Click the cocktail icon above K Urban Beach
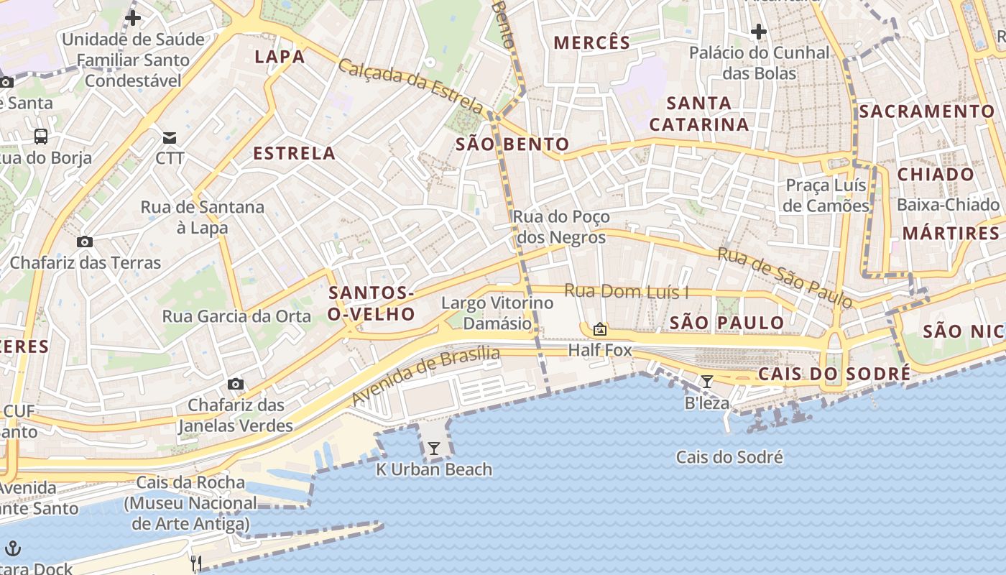pyautogui.click(x=433, y=448)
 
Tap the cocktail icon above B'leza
pyautogui.click(x=707, y=381)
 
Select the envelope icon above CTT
pyautogui.click(x=170, y=137)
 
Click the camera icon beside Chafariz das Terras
pyautogui.click(x=85, y=241)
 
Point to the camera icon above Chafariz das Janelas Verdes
pyautogui.click(x=236, y=385)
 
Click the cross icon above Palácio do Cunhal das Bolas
pyautogui.click(x=758, y=31)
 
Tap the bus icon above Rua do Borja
pyautogui.click(x=41, y=136)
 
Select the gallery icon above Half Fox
pyautogui.click(x=599, y=329)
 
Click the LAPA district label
pyautogui.click(x=280, y=57)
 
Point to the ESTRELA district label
pyautogui.click(x=295, y=153)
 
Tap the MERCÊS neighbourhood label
pyautogui.click(x=591, y=43)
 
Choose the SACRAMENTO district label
pyautogui.click(x=926, y=111)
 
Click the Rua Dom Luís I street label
pyautogui.click(x=626, y=291)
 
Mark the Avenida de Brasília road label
pyautogui.click(x=425, y=374)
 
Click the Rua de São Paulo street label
pyautogui.click(x=785, y=277)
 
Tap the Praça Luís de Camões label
pyautogui.click(x=826, y=195)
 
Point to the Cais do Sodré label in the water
pyautogui.click(x=729, y=457)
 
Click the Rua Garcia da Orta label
pyautogui.click(x=236, y=316)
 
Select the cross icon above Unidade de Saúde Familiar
pyautogui.click(x=133, y=18)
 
